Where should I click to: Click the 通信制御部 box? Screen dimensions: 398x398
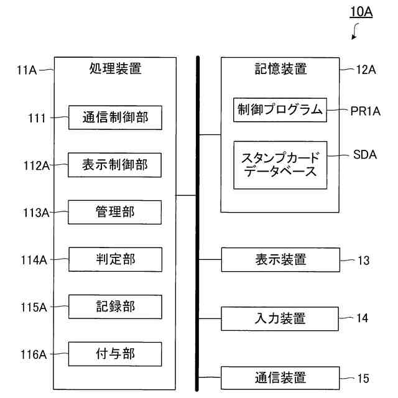pyautogui.click(x=115, y=118)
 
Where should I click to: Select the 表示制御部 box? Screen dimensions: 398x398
pyautogui.click(x=115, y=165)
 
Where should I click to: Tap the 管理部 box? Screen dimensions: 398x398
pyautogui.click(x=115, y=212)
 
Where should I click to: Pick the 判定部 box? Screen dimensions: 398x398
pyautogui.click(x=115, y=259)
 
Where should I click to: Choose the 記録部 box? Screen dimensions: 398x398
pyautogui.click(x=115, y=307)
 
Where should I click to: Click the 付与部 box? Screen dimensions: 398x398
pyautogui.click(x=115, y=354)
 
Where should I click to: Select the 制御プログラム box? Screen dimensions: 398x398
pyautogui.click(x=280, y=110)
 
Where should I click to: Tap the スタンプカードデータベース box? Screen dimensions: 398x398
pyautogui.click(x=280, y=165)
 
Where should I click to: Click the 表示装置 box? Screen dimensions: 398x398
pyautogui.click(x=280, y=259)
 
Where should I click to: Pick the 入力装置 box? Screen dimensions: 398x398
pyautogui.click(x=280, y=318)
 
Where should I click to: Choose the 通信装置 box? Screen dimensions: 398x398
pyautogui.click(x=280, y=377)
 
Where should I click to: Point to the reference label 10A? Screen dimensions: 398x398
pyautogui.click(x=360, y=12)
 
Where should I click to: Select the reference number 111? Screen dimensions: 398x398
pyautogui.click(x=37, y=118)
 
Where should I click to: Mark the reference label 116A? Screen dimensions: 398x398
pyautogui.click(x=35, y=354)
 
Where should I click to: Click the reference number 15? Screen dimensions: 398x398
pyautogui.click(x=363, y=378)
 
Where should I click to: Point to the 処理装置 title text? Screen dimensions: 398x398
pyautogui.click(x=115, y=69)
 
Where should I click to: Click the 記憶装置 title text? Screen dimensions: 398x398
pyautogui.click(x=280, y=69)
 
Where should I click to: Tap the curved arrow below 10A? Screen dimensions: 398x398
pyautogui.click(x=356, y=32)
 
